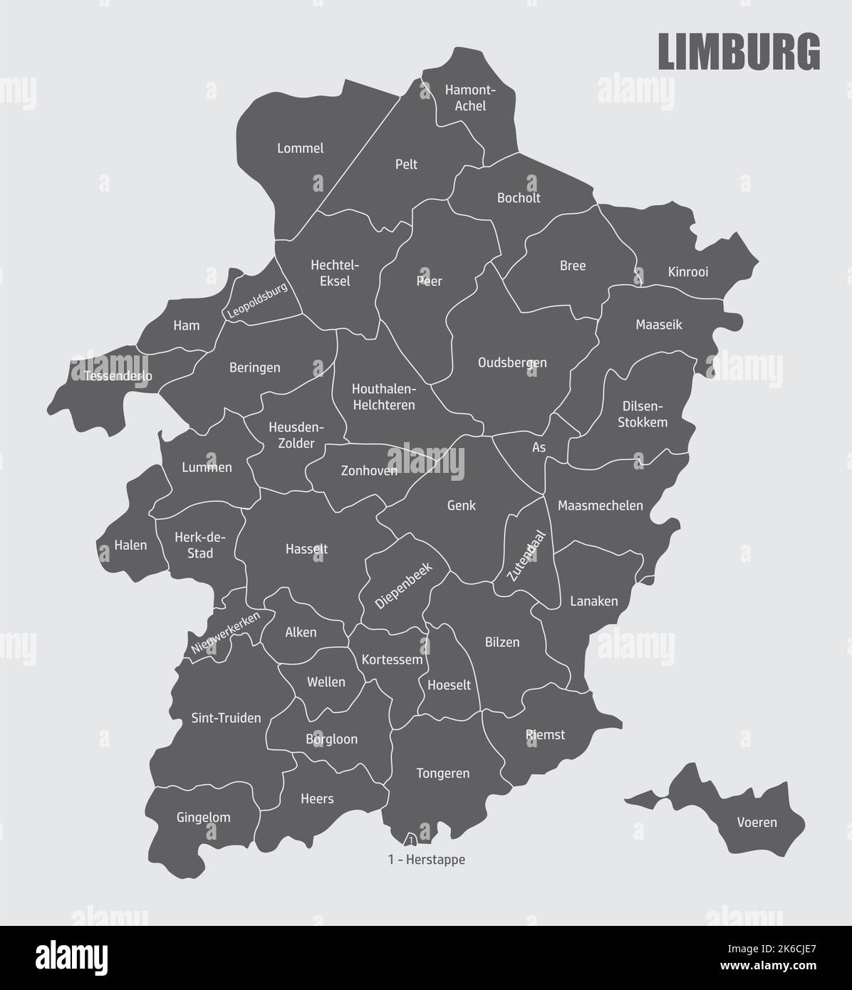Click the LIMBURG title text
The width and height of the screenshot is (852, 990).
click(x=738, y=51)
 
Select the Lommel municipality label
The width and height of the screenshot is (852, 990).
click(x=300, y=148)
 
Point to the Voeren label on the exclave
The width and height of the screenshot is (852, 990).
click(x=757, y=823)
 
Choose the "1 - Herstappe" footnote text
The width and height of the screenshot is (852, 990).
click(x=427, y=860)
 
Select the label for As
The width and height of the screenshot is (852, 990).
click(x=539, y=448)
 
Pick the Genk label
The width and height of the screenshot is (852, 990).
click(x=461, y=506)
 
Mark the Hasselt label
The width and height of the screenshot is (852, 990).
click(x=306, y=549)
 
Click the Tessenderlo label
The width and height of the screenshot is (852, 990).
click(x=118, y=375)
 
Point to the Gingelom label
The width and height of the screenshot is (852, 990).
click(x=203, y=817)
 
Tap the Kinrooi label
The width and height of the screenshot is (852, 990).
click(x=688, y=272)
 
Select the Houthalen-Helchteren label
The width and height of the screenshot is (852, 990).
click(x=383, y=397)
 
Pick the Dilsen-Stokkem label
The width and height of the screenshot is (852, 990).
click(x=644, y=414)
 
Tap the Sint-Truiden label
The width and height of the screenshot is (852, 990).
click(x=226, y=718)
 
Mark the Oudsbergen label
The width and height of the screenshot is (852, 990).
click(x=512, y=363)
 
